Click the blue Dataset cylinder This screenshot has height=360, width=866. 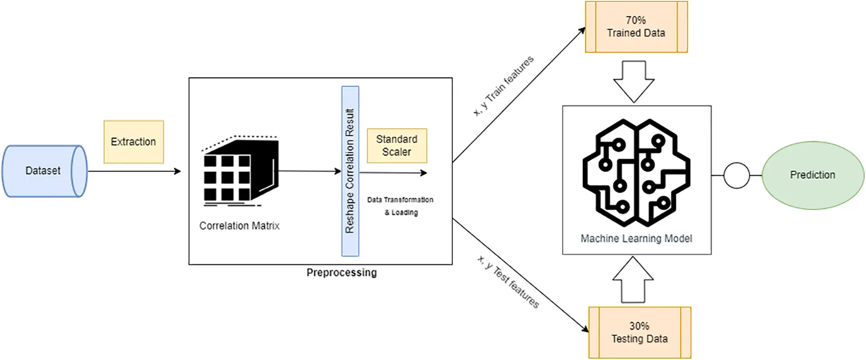pyautogui.click(x=44, y=171)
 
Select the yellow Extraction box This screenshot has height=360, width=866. pyautogui.click(x=134, y=142)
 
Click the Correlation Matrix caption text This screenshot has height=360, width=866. pyautogui.click(x=240, y=226)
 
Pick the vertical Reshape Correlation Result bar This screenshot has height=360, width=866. pyautogui.click(x=350, y=171)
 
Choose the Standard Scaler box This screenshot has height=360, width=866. pyautogui.click(x=397, y=145)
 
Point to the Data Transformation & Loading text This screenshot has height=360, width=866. pyautogui.click(x=400, y=206)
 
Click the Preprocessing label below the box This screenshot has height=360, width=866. pyautogui.click(x=341, y=273)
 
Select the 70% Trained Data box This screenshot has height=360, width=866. pyautogui.click(x=636, y=27)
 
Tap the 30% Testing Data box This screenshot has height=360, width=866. pyautogui.click(x=640, y=333)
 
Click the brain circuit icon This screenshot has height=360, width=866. pyautogui.click(x=636, y=173)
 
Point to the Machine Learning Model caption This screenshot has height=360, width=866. pyautogui.click(x=636, y=239)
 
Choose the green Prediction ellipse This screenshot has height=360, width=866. pyautogui.click(x=813, y=175)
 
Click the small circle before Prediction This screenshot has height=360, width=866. pyautogui.click(x=736, y=175)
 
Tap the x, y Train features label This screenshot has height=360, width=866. pyautogui.click(x=503, y=86)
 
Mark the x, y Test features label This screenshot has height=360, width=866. pyautogui.click(x=508, y=281)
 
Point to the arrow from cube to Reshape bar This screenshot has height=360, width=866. pyautogui.click(x=310, y=171)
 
